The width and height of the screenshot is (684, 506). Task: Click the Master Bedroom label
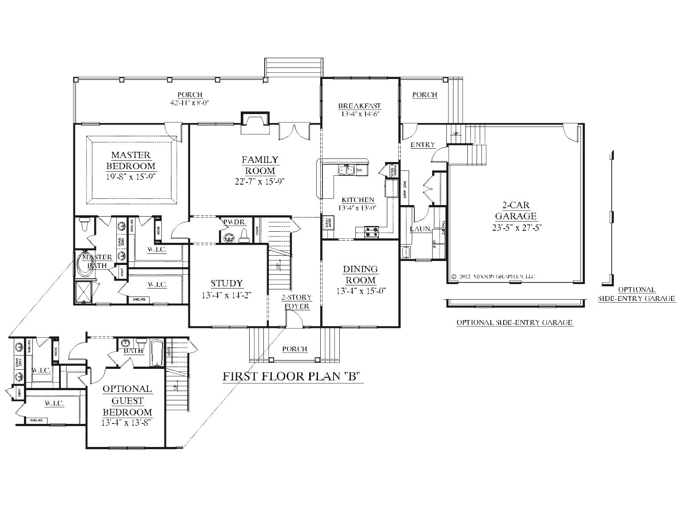(x=131, y=161)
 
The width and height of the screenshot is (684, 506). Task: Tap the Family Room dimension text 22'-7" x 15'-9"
(x=260, y=181)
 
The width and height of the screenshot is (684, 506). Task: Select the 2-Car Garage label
(x=516, y=211)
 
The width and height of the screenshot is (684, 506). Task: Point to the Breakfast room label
(x=359, y=106)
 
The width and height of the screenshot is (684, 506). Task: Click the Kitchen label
(x=358, y=200)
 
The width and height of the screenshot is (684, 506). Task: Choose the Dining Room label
(x=360, y=275)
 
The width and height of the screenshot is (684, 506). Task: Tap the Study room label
(x=227, y=283)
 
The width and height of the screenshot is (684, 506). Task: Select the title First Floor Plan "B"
(x=290, y=377)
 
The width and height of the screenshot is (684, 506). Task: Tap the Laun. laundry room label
(x=420, y=229)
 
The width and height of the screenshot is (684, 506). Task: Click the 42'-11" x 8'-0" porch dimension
(x=190, y=103)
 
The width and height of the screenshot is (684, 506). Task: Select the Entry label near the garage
(x=422, y=145)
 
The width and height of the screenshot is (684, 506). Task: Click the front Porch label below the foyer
(x=294, y=349)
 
